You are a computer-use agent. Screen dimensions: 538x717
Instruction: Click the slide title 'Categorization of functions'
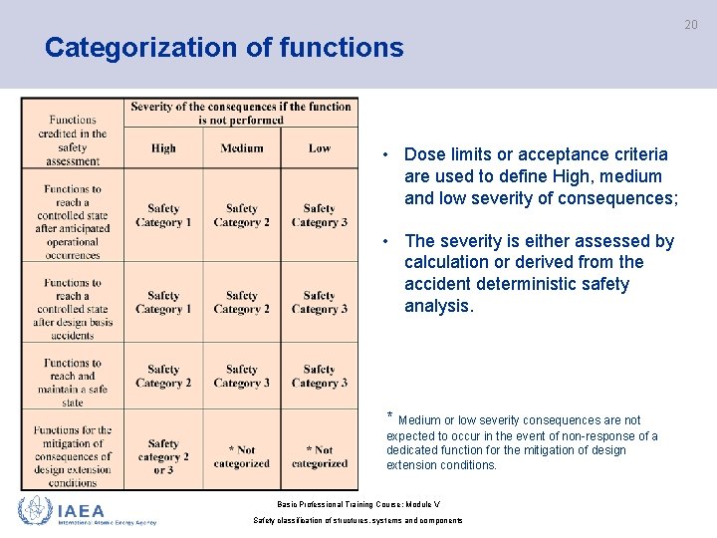click(224, 48)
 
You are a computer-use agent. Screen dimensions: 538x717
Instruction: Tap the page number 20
click(690, 24)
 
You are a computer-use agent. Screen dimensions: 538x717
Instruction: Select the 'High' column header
click(163, 148)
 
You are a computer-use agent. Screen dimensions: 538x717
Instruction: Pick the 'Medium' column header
click(241, 148)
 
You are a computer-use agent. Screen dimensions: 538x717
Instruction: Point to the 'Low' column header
click(319, 148)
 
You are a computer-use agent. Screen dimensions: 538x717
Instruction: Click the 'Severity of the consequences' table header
click(241, 113)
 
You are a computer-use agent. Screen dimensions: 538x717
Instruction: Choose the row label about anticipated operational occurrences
click(73, 221)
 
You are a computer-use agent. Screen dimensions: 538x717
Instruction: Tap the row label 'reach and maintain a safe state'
click(73, 383)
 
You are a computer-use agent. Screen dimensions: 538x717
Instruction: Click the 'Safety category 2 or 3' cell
click(163, 456)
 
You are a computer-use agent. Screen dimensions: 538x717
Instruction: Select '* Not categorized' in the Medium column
click(241, 456)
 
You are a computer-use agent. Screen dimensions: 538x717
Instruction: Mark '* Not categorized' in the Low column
click(319, 456)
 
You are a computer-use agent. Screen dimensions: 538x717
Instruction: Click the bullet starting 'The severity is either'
click(539, 273)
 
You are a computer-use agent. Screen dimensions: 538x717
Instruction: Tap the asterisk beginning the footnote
click(389, 416)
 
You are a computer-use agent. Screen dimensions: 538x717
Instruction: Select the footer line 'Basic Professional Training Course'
click(359, 504)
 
